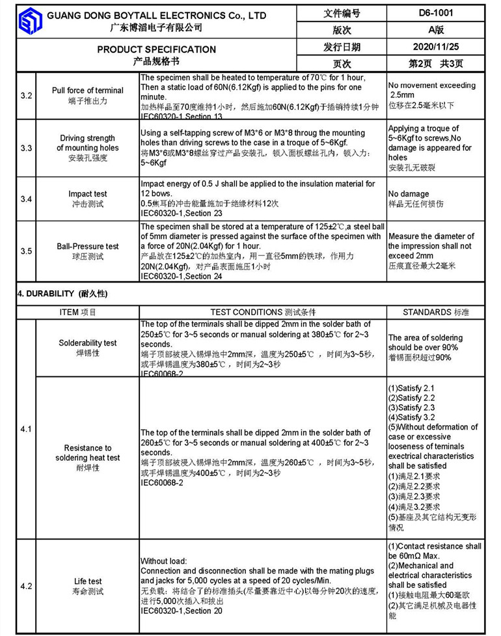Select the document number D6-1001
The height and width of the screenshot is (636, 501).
(435, 13)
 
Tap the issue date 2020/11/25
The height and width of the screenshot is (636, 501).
(435, 47)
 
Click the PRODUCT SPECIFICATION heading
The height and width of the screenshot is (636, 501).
(156, 49)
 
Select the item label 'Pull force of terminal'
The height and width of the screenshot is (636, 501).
(87, 90)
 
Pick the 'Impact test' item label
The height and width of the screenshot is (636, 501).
(87, 194)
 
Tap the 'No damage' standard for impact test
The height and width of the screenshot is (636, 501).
(409, 194)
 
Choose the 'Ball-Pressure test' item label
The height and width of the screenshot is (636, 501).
(87, 247)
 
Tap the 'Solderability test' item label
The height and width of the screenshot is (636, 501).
(87, 342)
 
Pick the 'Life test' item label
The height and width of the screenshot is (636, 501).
(87, 581)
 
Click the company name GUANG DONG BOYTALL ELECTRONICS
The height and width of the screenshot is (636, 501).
(157, 14)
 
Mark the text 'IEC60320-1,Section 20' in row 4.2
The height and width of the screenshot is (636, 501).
(181, 611)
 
